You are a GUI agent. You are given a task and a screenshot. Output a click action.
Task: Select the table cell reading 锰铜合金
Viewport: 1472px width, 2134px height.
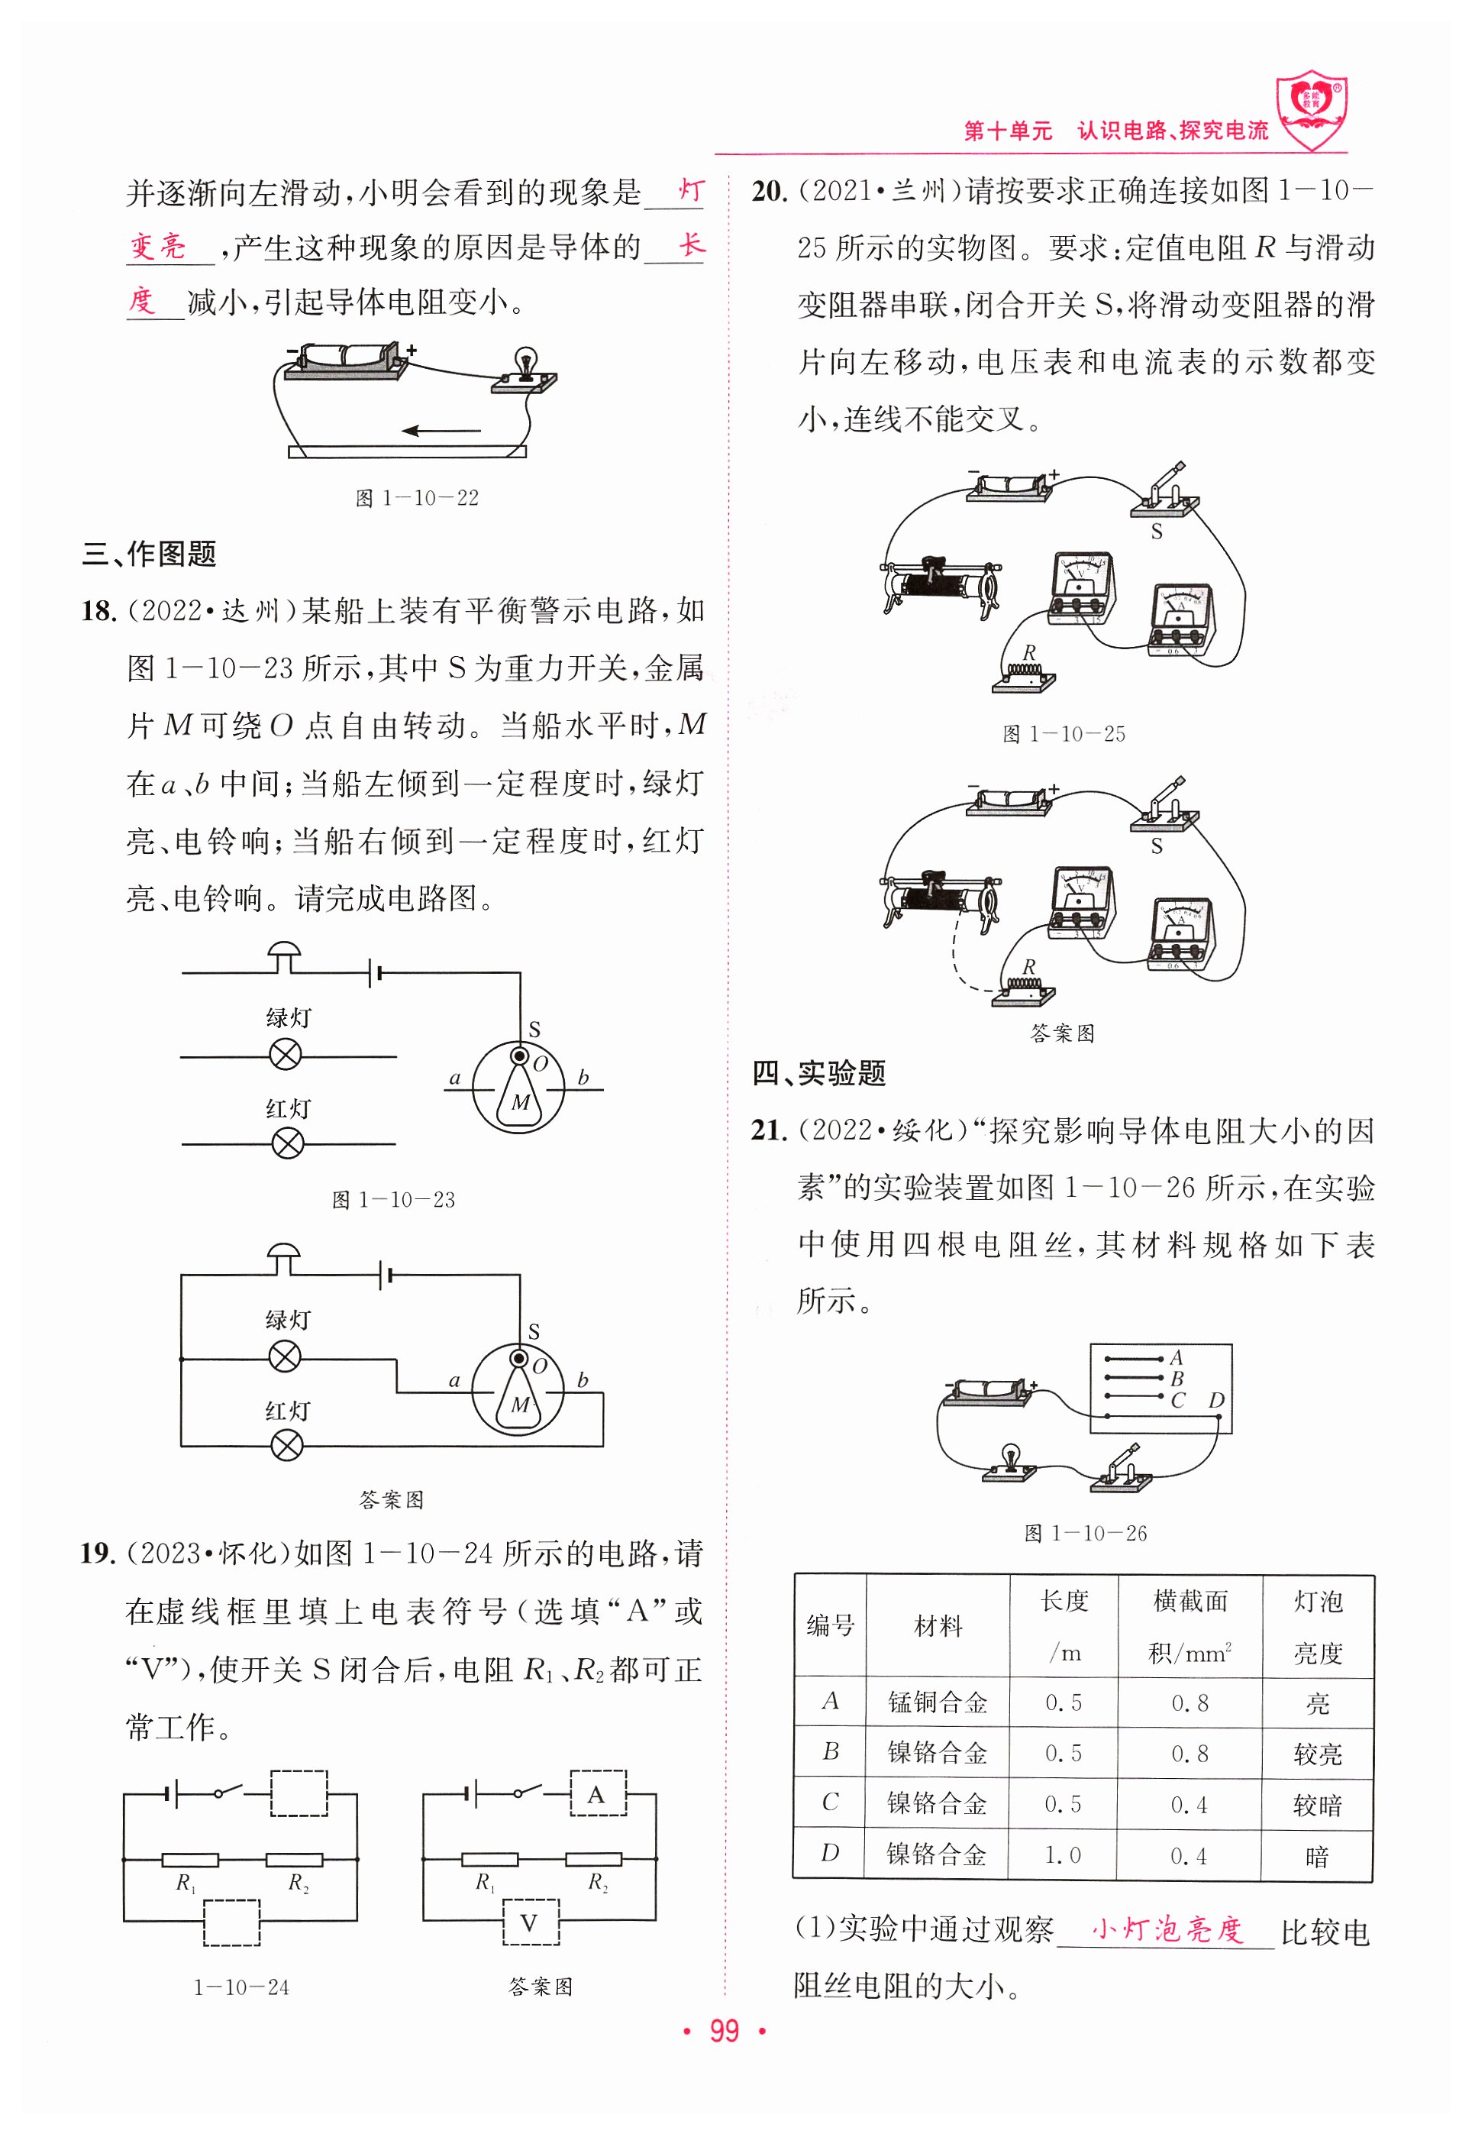coord(937,1702)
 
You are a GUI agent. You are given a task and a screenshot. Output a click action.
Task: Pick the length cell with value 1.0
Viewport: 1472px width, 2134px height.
coord(1063,1854)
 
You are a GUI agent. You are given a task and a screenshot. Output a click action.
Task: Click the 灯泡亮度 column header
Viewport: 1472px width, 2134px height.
coord(1317,1627)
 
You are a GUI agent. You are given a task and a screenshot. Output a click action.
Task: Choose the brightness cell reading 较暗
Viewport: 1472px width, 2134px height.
coord(1317,1805)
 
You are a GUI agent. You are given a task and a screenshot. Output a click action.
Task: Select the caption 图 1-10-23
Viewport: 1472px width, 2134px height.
coord(394,1199)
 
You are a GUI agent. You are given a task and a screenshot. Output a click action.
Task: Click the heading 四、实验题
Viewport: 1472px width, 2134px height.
coord(819,1073)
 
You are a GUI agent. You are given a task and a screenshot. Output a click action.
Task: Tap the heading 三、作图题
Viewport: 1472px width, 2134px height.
coord(150,554)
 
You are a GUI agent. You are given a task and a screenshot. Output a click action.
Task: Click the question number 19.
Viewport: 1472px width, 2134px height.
coord(97,1553)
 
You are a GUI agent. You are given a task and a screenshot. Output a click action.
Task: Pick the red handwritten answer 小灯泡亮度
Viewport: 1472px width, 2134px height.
coord(1167,1929)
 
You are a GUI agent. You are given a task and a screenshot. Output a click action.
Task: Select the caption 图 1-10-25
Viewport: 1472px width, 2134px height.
coord(1064,733)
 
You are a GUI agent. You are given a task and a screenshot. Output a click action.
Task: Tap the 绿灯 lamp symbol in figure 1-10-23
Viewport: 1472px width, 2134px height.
coord(285,1055)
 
